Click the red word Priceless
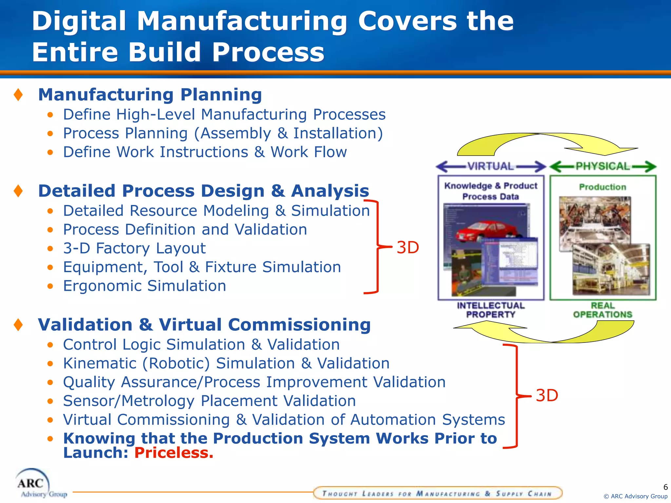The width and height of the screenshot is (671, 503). (x=174, y=453)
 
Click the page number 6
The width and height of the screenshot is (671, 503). (x=665, y=487)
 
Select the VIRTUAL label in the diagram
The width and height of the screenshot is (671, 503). (x=490, y=166)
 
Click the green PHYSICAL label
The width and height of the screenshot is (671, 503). (x=603, y=166)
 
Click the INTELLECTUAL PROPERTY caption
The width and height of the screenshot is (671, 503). (x=490, y=310)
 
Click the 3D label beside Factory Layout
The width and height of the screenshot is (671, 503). (x=408, y=248)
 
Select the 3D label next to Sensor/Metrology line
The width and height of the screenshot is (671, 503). (x=546, y=396)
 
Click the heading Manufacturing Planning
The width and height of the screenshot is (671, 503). (x=150, y=95)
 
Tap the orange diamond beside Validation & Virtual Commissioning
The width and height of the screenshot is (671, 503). (x=18, y=325)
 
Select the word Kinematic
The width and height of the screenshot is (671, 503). (x=100, y=363)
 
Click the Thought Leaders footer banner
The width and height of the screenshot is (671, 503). (x=437, y=493)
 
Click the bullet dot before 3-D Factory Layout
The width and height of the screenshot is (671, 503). (x=50, y=249)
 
